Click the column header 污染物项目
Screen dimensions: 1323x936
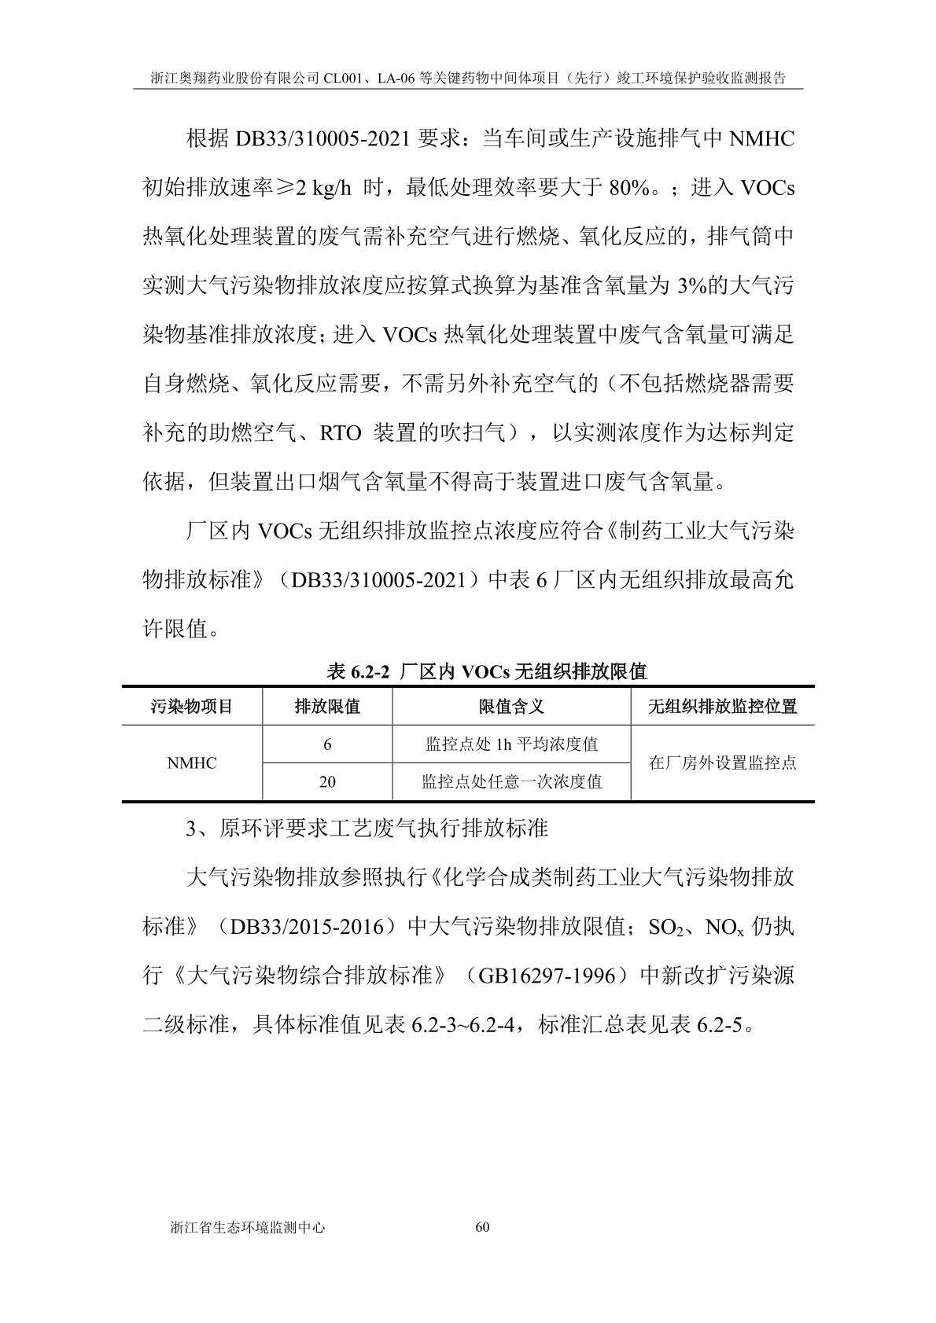click(x=192, y=706)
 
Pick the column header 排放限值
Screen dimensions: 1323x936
click(x=327, y=706)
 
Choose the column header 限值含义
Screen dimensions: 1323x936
click(x=511, y=706)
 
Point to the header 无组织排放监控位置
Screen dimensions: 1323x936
click(x=722, y=706)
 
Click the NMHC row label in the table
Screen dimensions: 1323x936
click(x=192, y=763)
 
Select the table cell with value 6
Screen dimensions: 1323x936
click(x=327, y=744)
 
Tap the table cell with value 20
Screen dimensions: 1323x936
click(x=327, y=782)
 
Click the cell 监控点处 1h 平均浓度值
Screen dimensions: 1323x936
click(x=511, y=744)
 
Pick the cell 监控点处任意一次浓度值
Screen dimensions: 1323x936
click(x=511, y=782)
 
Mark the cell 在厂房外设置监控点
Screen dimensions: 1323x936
click(x=722, y=763)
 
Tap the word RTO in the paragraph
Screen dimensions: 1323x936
click(x=341, y=433)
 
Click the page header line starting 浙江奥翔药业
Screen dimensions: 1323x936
click(x=468, y=79)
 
